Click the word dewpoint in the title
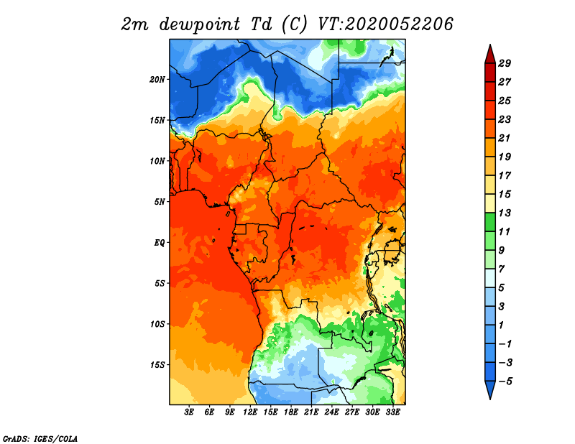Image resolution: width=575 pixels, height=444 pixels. (x=200, y=25)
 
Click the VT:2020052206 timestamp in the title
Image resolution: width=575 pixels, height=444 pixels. (x=385, y=24)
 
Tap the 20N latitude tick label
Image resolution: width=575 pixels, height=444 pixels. (x=157, y=80)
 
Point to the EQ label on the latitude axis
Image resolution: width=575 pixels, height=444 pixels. (x=159, y=243)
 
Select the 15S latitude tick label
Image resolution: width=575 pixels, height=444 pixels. (x=157, y=365)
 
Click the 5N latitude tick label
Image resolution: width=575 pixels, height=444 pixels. (x=160, y=202)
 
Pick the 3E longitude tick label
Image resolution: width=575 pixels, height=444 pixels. (x=189, y=412)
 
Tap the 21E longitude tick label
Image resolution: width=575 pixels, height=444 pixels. (x=311, y=412)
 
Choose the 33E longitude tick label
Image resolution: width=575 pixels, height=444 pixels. (x=392, y=412)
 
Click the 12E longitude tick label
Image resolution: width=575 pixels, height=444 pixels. (x=249, y=412)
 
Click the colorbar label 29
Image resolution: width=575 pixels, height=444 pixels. (x=505, y=63)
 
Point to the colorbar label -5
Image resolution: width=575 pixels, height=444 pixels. (x=505, y=381)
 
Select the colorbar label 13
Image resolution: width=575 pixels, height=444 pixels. (x=505, y=213)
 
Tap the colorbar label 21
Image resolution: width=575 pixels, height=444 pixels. (x=505, y=138)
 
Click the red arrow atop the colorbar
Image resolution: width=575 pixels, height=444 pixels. (x=490, y=55)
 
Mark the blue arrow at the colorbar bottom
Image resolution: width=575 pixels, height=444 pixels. (x=490, y=389)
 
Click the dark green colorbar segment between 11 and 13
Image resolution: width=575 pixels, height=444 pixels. (x=490, y=222)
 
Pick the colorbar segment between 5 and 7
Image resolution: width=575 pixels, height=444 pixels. (x=490, y=278)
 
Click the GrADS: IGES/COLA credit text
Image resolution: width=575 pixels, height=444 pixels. (x=40, y=439)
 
